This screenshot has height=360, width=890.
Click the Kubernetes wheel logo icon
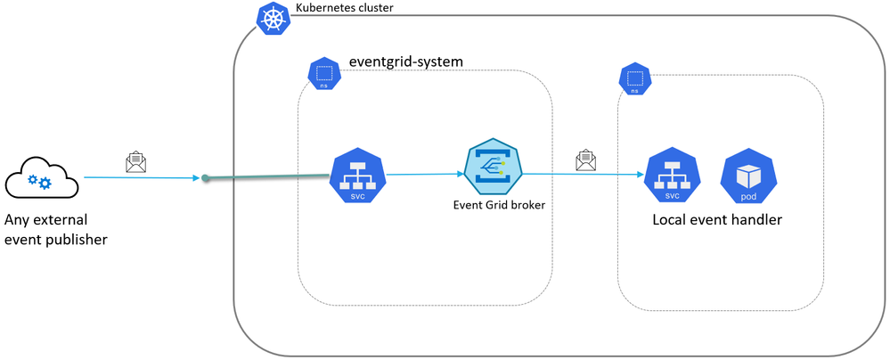(273, 17)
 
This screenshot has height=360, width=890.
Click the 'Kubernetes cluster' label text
(344, 8)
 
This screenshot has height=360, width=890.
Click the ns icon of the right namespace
(634, 80)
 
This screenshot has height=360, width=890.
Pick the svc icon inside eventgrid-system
(356, 175)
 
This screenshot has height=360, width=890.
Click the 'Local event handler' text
(717, 219)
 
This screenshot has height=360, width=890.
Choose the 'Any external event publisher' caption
(55, 228)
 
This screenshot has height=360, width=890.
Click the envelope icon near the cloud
(135, 162)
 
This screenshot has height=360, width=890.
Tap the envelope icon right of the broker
(585, 160)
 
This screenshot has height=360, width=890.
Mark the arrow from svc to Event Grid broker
(424, 175)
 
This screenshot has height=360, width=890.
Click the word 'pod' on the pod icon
(748, 192)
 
